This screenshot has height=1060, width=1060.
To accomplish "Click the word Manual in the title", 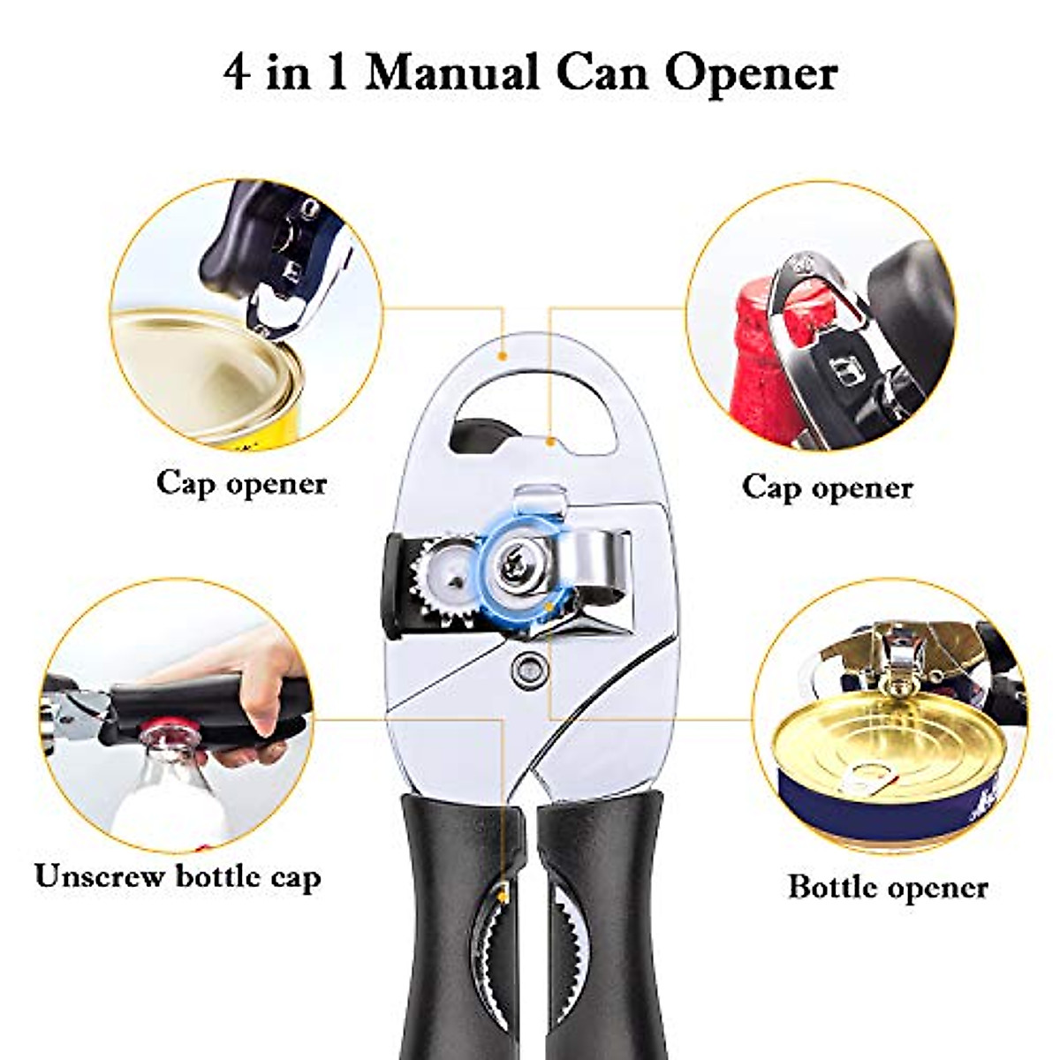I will point(451,72).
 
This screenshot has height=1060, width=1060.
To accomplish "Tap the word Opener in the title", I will point(751,72).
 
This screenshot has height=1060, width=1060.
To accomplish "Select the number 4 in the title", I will point(235,72).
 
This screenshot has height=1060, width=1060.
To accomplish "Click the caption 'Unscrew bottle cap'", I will point(178,876).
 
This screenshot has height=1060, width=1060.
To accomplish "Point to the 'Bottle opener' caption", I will point(888,886).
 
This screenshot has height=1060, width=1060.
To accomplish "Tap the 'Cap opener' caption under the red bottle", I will point(827,487).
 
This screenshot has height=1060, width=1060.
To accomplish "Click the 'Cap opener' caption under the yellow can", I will point(241,483).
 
